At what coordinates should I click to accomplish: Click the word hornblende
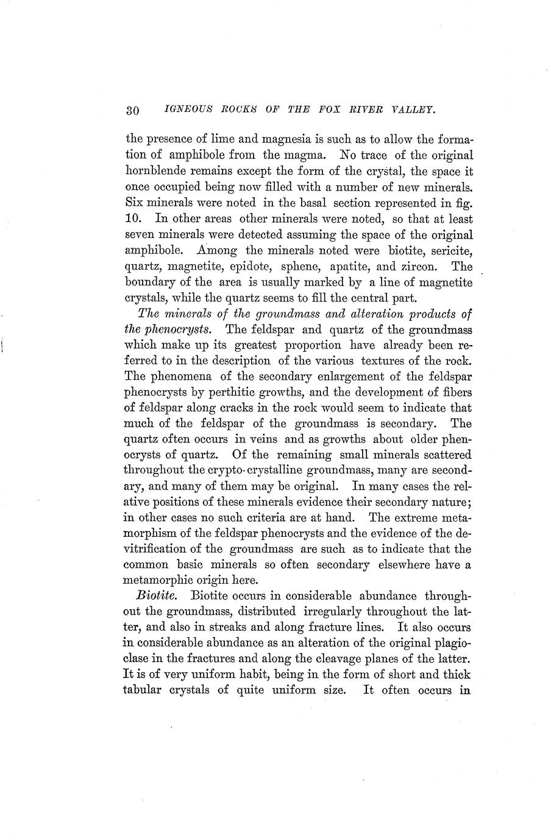point(157,171)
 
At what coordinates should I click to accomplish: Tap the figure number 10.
point(133,218)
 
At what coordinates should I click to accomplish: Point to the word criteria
point(293,518)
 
